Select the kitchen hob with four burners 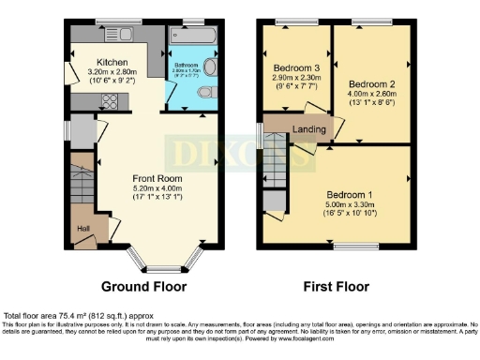pyautogui.click(x=150, y=34)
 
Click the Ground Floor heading pyautogui.click(x=143, y=287)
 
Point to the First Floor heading pyautogui.click(x=335, y=287)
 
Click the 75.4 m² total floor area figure pyautogui.click(x=70, y=317)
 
